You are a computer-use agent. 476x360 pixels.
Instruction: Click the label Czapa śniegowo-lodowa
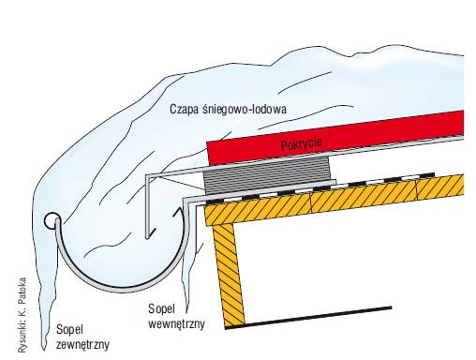[x=228, y=109]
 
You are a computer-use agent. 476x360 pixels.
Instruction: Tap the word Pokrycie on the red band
[x=302, y=144]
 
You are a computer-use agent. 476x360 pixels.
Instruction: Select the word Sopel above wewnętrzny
[x=161, y=309]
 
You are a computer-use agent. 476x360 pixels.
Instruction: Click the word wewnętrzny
[x=176, y=323]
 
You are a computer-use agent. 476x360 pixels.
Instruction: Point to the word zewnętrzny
[x=83, y=344]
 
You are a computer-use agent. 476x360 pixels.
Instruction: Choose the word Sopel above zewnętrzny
[x=69, y=330]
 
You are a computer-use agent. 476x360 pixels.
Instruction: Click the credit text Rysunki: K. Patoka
[x=22, y=315]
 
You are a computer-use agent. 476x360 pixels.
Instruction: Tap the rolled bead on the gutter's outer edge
[x=52, y=221]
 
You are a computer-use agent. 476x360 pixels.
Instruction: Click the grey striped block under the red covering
[x=267, y=173]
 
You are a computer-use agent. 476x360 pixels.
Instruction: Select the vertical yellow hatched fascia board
[x=228, y=275]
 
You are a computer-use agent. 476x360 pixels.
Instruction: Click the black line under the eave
[x=308, y=318]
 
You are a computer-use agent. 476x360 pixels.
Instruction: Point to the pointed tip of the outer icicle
[x=44, y=349]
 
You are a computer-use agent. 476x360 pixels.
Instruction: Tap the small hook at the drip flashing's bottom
[x=150, y=234]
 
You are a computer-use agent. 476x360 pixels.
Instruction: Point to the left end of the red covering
[x=208, y=153]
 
